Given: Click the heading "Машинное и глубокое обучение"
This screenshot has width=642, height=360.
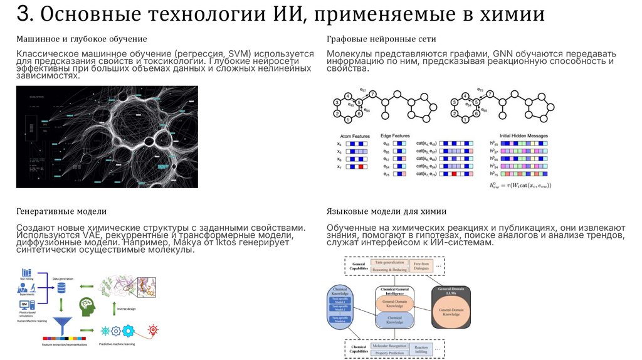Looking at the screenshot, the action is pyautogui.click(x=82, y=40).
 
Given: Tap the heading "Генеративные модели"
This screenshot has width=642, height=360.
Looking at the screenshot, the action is pyautogui.click(x=61, y=211).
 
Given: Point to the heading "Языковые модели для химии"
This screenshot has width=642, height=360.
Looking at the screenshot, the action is pyautogui.click(x=386, y=211).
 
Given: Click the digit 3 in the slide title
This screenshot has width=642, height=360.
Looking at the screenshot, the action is pyautogui.click(x=23, y=14).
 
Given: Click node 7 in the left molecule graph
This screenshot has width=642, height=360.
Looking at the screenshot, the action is pyautogui.click(x=373, y=93).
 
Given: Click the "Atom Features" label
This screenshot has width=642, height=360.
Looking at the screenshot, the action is pyautogui.click(x=354, y=135).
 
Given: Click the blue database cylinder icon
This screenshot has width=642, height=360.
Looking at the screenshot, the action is pyautogui.click(x=61, y=287).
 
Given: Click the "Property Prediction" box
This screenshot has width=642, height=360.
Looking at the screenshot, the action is pyautogui.click(x=388, y=354).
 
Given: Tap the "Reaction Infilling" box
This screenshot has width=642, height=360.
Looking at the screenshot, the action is pyautogui.click(x=421, y=350).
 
